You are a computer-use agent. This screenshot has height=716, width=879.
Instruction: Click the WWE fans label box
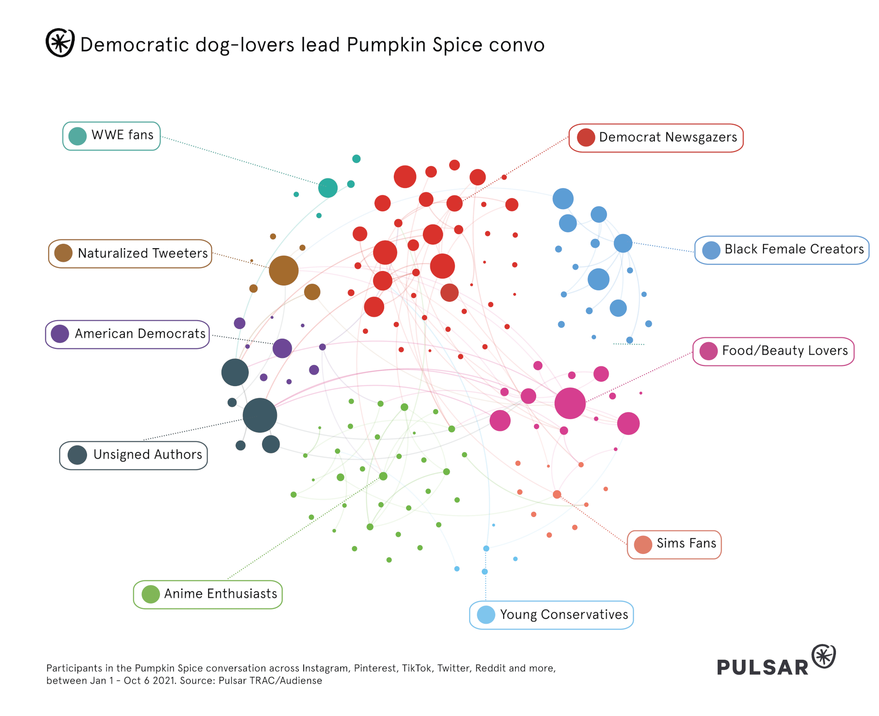(112, 136)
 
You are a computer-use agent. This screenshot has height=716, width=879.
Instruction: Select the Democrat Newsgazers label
(656, 138)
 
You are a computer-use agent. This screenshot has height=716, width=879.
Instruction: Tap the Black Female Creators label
(781, 250)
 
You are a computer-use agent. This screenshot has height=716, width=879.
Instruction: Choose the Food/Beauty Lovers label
(773, 351)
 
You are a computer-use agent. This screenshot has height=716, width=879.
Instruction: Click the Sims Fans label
(674, 544)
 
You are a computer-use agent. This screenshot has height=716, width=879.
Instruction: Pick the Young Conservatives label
(551, 615)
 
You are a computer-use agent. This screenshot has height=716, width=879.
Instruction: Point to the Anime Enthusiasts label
(207, 594)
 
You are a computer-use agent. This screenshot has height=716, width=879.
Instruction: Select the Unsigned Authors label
(134, 455)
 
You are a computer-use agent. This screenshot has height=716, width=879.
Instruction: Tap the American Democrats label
(127, 334)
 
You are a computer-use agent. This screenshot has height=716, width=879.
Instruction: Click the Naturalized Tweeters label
(130, 253)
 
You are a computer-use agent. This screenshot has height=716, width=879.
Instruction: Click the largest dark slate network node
(260, 415)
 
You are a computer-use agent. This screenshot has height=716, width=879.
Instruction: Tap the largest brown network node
(283, 270)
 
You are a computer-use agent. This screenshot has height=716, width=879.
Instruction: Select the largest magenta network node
(570, 403)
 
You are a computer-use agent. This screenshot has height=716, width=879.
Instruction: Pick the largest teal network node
(328, 188)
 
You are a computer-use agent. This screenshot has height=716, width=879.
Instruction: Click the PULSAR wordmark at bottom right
(763, 667)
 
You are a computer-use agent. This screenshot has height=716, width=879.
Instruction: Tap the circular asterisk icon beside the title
(60, 43)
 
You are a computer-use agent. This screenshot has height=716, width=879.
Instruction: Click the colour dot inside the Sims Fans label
(643, 545)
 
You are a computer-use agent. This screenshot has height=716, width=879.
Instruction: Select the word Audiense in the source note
(301, 680)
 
